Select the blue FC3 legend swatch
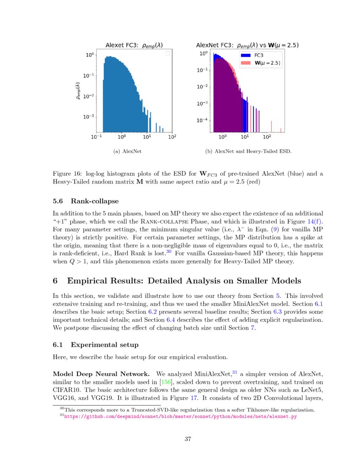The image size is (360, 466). pyautogui.click(x=246, y=55)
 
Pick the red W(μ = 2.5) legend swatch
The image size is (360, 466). pyautogui.click(x=246, y=63)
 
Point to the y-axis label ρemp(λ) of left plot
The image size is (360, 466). pyautogui.click(x=78, y=91)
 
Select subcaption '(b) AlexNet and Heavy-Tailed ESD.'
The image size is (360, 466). pyautogui.click(x=248, y=151)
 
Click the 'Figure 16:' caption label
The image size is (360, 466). pyautogui.click(x=67, y=174)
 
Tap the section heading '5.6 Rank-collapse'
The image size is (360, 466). pyautogui.click(x=86, y=201)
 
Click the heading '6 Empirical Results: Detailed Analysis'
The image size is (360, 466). pyautogui.click(x=177, y=281)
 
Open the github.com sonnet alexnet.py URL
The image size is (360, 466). pyautogui.click(x=180, y=417)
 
